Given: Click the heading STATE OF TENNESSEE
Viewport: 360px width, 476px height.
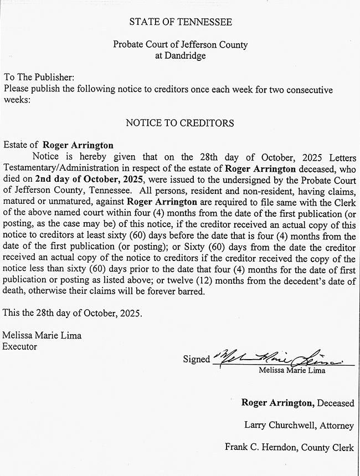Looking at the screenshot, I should pyautogui.click(x=181, y=22).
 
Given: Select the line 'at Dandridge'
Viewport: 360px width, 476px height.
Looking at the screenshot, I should pyautogui.click(x=181, y=55).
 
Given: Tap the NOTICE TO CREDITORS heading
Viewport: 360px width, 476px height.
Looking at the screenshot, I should pyautogui.click(x=180, y=122).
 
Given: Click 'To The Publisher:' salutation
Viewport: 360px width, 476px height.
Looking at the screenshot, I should pyautogui.click(x=39, y=78).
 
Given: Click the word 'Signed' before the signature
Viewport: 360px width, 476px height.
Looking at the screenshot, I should pyautogui.click(x=197, y=359).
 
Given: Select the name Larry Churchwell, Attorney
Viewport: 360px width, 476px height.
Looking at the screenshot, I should pyautogui.click(x=299, y=425).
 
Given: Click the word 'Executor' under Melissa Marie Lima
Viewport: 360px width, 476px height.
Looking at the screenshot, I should pyautogui.click(x=20, y=346).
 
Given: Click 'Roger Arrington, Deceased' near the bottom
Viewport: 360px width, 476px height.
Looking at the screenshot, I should pyautogui.click(x=297, y=403).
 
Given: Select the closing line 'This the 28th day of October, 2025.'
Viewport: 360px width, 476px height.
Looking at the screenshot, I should pyautogui.click(x=72, y=313).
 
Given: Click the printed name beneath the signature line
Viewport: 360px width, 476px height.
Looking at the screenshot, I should pyautogui.click(x=292, y=370).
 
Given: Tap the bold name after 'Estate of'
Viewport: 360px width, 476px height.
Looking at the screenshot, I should pyautogui.click(x=78, y=145).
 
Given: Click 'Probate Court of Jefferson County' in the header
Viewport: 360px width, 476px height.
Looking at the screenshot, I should pyautogui.click(x=181, y=44).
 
